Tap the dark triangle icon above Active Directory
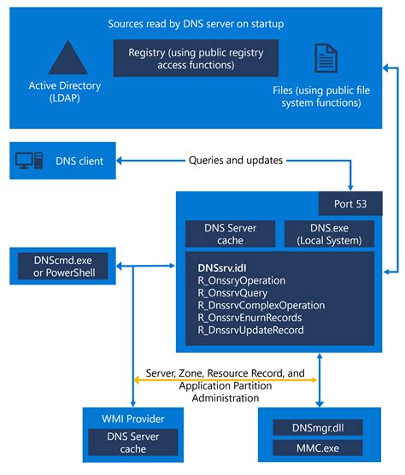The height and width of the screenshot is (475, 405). pos(65,57)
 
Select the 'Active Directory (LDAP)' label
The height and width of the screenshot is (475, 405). pos(65,91)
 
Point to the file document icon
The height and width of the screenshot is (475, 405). pos(326,58)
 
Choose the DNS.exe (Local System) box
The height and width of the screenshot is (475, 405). pos(328,234)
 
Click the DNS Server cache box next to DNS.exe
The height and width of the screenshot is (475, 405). pos(228,234)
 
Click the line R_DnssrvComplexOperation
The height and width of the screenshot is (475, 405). pos(261,305)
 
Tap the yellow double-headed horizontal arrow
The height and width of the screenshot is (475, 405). pos(224,378)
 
